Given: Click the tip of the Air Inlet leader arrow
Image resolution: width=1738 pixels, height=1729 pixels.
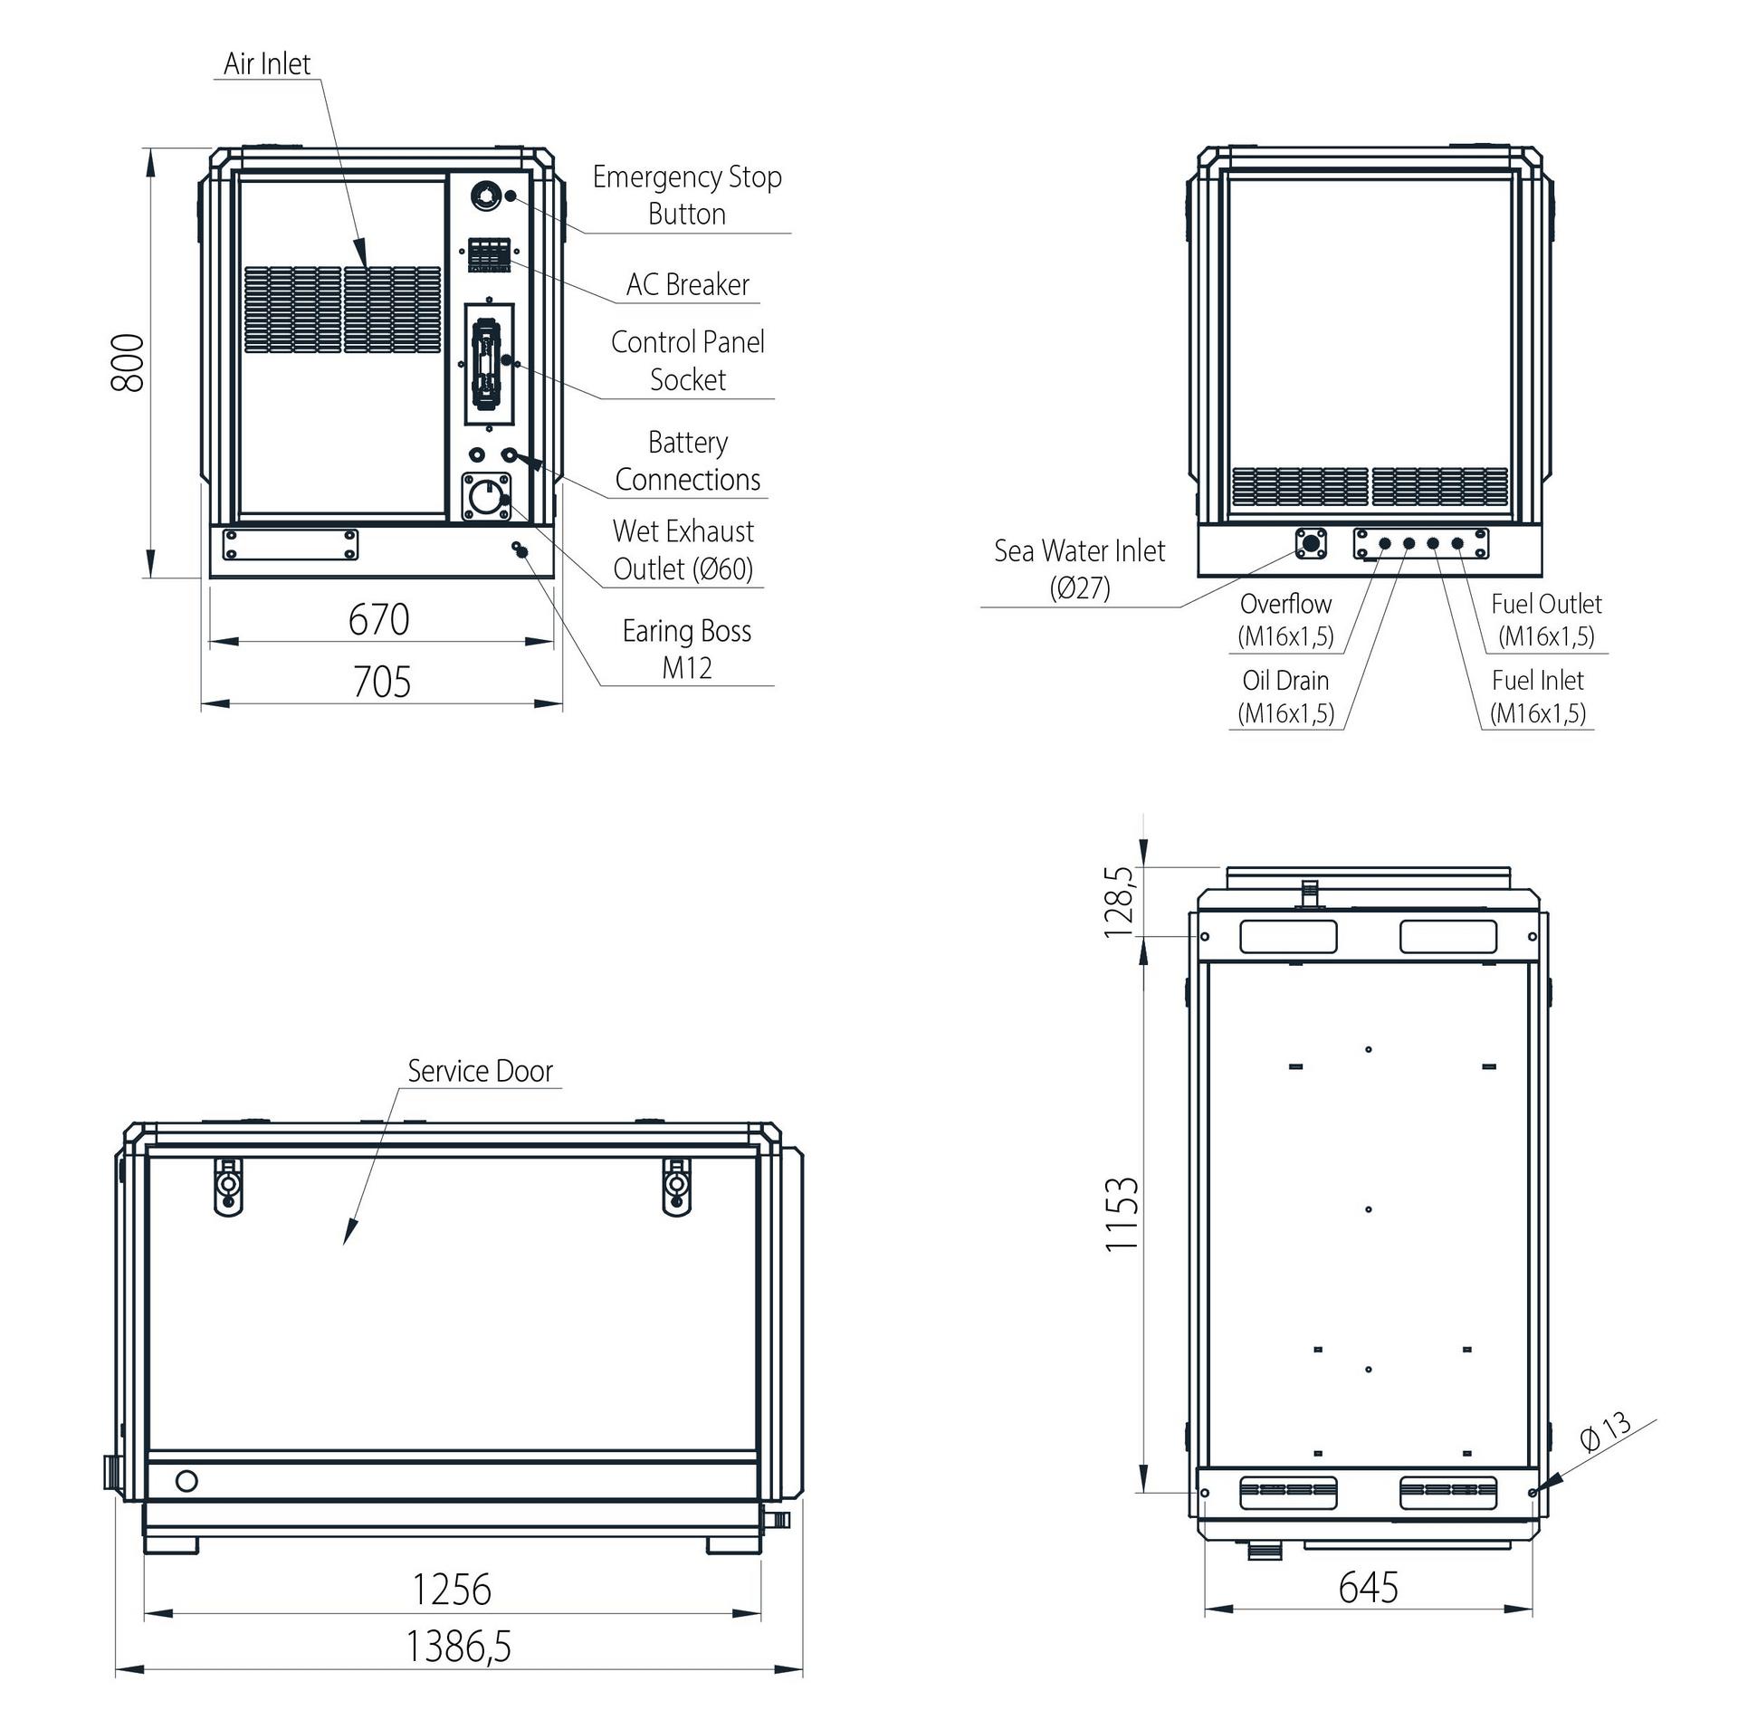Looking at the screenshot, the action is coord(365,266).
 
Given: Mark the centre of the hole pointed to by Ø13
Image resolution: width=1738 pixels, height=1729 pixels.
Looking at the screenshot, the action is coord(1532,1493).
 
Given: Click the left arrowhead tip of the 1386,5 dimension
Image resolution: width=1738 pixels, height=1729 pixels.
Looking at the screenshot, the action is coord(116,1668).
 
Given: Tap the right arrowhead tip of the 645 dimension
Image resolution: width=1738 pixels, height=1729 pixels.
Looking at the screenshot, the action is coord(1533,1609).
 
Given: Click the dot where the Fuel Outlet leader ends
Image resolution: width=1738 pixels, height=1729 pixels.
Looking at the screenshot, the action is coord(1457,543).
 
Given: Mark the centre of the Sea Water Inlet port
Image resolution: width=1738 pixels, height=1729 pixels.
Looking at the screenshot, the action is coord(1310,543).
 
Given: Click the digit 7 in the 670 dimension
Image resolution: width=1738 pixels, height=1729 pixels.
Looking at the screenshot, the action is coord(378,620).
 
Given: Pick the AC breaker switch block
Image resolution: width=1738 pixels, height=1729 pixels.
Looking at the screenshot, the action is coord(489,254).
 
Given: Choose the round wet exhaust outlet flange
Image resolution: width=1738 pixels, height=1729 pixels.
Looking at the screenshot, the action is coord(486,497).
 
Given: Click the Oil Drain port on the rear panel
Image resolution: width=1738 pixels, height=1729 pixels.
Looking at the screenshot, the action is coord(1409,543).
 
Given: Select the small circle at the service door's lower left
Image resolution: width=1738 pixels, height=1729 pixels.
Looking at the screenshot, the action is coord(186,1481).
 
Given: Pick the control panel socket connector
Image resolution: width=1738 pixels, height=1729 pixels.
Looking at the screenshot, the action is coord(488,363).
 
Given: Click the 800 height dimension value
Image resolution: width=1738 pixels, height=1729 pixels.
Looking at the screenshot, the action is coord(128,362).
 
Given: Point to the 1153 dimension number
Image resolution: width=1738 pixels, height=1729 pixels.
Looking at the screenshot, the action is coord(1122,1214).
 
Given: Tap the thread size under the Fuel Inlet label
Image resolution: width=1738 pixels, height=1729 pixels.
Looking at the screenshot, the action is coord(1538,713).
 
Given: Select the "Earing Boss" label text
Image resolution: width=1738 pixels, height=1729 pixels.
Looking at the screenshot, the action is coord(687,631).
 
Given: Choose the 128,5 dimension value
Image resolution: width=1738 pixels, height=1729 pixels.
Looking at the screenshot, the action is coord(1119,902).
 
